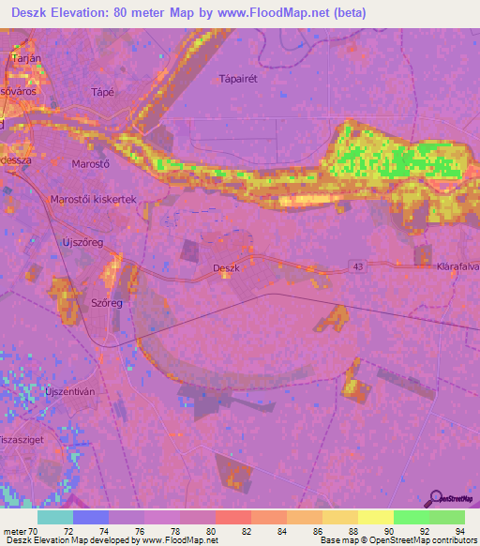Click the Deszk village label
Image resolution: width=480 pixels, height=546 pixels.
point(227,268)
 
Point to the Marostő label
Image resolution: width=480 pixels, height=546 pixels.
point(91,163)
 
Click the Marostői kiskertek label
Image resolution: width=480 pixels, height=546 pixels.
point(94,200)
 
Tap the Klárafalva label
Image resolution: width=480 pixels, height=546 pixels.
point(457,267)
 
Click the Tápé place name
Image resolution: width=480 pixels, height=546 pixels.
point(102,92)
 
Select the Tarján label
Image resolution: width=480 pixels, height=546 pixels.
point(23,58)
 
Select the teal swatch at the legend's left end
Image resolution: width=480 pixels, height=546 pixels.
point(55,517)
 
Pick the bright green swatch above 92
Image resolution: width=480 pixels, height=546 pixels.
point(412,517)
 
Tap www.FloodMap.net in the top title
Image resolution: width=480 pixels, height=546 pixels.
point(281,13)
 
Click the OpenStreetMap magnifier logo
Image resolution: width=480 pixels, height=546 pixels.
point(438,498)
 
